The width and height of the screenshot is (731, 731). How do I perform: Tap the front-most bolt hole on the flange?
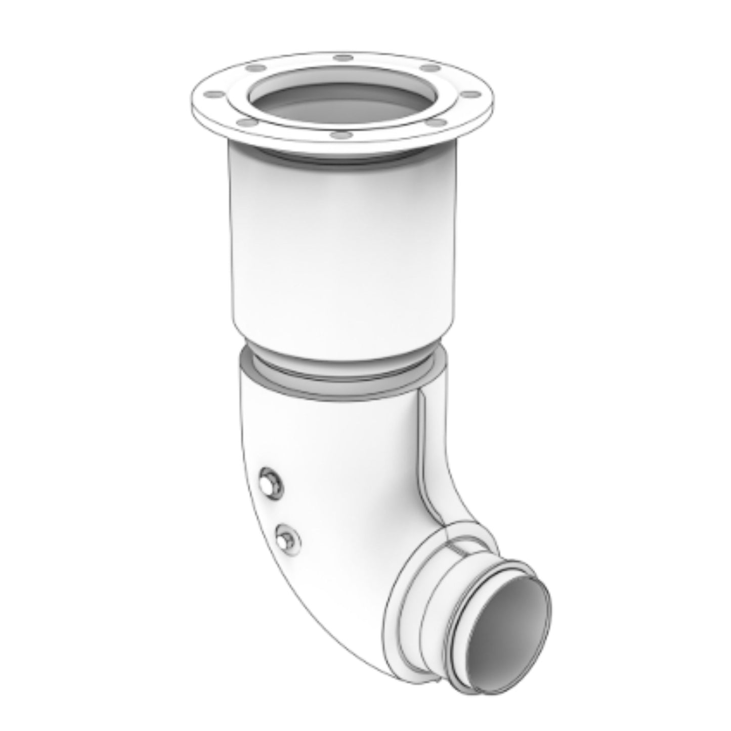tap(335, 135)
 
